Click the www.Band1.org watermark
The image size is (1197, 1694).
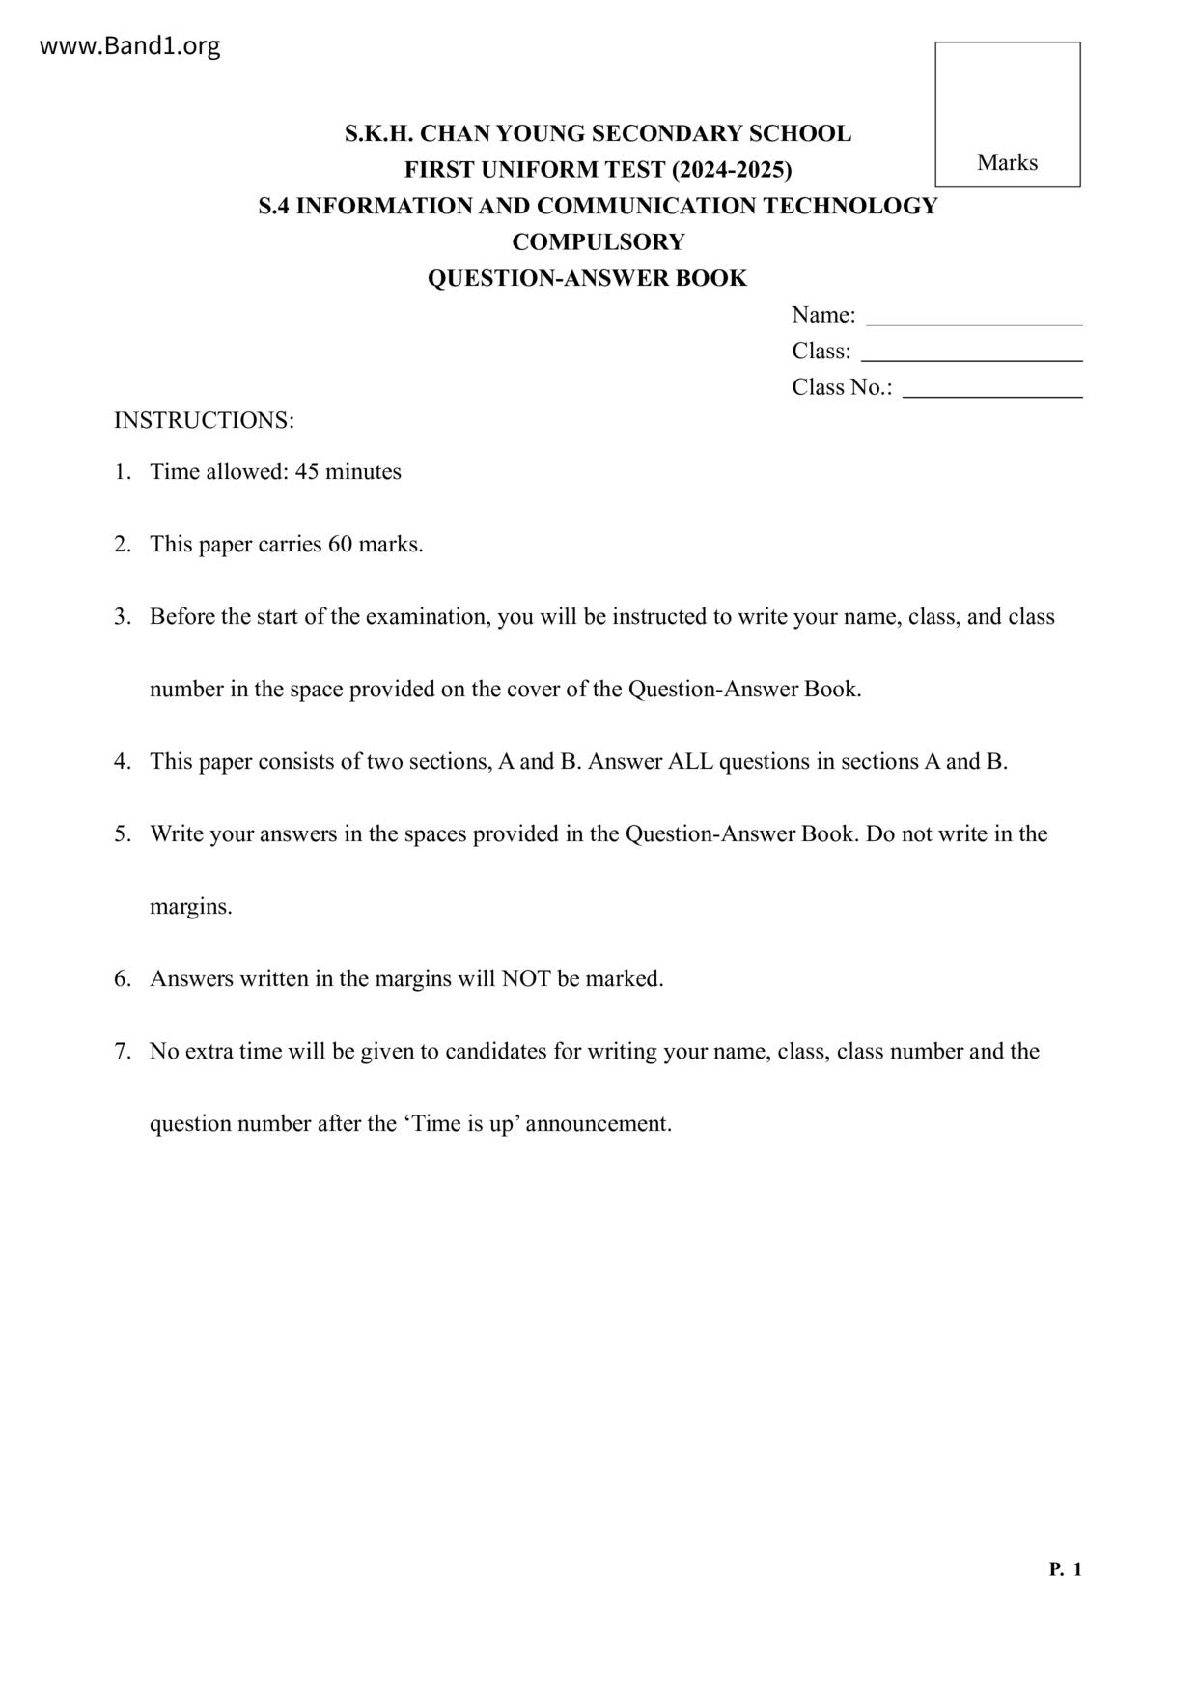tap(129, 46)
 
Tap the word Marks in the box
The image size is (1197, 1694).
tap(1007, 162)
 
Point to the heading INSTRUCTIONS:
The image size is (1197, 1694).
tap(204, 420)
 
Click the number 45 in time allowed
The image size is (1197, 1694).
tap(307, 471)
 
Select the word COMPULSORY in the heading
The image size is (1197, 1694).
tap(598, 242)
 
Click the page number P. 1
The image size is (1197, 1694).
tap(1065, 1569)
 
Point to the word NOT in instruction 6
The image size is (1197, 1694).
tap(526, 978)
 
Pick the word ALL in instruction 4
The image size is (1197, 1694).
tap(690, 761)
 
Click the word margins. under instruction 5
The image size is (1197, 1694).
tap(191, 906)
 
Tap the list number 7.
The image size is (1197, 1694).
tap(123, 1051)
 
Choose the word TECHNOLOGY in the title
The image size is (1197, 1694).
tap(850, 206)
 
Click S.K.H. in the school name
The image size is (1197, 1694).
tap(379, 133)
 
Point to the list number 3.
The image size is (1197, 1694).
tap(123, 616)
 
